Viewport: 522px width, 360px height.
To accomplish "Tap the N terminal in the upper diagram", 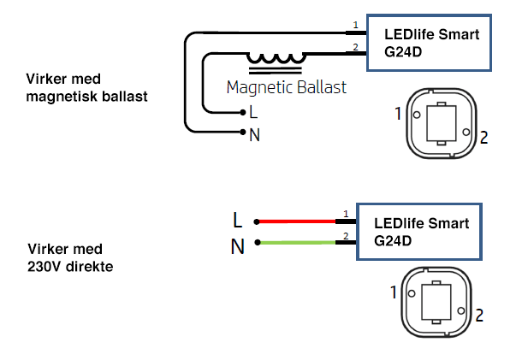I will coord(254,134).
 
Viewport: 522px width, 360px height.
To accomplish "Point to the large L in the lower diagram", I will coord(238,220).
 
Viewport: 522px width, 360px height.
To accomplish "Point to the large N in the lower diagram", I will coord(238,247).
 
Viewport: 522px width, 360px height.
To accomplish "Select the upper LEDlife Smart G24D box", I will coord(429,43).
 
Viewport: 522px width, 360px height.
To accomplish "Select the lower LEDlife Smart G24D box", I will coord(418,232).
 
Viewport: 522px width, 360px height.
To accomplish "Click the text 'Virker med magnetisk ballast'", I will coord(86,88).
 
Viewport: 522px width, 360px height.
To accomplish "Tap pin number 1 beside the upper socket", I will coord(398,112).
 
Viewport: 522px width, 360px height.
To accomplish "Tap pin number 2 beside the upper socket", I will coord(483,138).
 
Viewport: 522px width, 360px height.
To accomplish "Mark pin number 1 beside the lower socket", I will coord(394,292).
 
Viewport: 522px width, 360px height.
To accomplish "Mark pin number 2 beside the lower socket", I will coord(479,316).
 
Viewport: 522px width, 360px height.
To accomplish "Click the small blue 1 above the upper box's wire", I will coord(356,25).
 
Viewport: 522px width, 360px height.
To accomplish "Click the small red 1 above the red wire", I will coord(346,213).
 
